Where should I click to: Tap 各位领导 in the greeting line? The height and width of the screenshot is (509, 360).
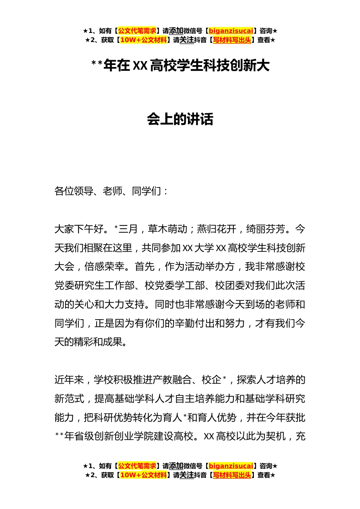[x=74, y=191]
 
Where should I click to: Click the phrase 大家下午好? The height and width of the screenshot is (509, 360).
[x=79, y=229]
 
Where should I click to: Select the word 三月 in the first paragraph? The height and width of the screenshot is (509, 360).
[x=128, y=229]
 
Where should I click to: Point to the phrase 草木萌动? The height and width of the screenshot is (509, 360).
[x=168, y=229]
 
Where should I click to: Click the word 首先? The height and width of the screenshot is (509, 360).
[x=145, y=267]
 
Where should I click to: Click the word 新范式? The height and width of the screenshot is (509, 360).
[x=69, y=399]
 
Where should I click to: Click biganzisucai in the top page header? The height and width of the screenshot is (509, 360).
[x=231, y=31]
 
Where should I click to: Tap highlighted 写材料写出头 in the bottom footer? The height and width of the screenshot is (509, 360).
[x=232, y=475]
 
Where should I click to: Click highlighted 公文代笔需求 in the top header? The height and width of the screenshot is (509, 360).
[x=137, y=31]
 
